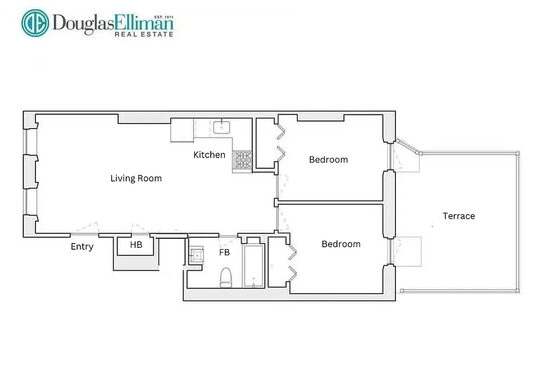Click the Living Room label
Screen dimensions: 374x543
136,178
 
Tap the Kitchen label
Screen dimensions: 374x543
209,155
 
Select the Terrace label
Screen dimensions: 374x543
459,216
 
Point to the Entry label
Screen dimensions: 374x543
82,247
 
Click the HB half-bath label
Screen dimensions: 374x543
136,245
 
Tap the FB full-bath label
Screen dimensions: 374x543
224,252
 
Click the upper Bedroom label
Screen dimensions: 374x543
329,159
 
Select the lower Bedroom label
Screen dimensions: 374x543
341,244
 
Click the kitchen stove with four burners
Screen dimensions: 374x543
243,160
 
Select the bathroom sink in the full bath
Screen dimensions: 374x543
196,255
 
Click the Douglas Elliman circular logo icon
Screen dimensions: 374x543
35,23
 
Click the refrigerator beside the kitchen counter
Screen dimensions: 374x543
182,129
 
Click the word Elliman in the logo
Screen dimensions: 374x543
146,22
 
